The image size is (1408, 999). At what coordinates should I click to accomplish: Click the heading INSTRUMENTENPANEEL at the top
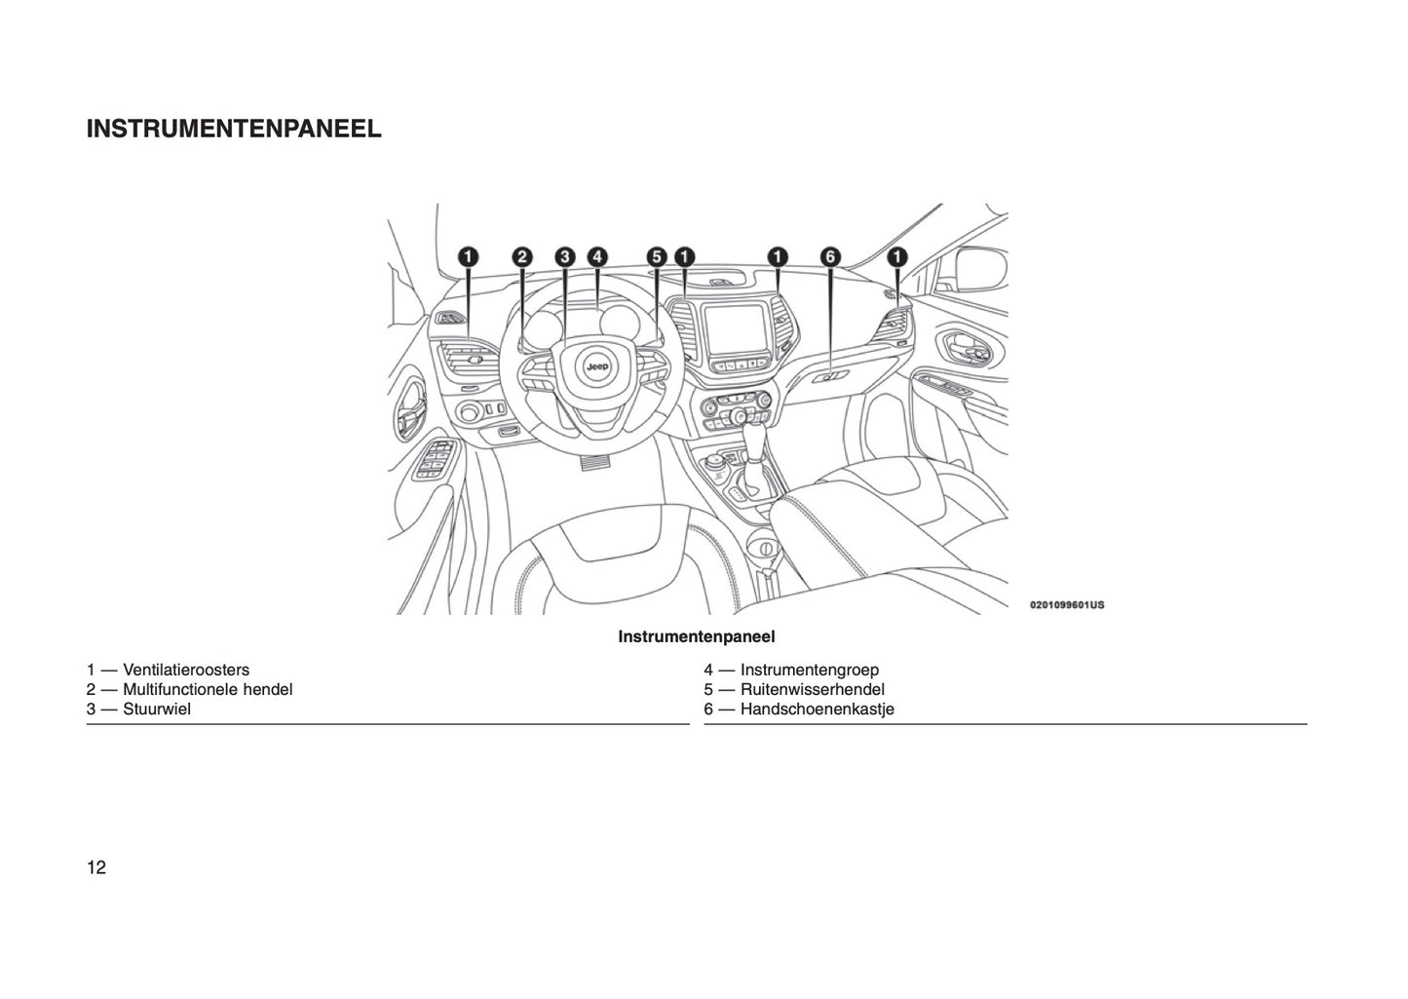pos(234,129)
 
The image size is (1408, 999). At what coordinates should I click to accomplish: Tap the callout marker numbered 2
pos(522,257)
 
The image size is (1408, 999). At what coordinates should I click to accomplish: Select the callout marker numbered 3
pos(565,257)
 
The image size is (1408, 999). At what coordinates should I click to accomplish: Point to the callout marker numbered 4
pos(597,257)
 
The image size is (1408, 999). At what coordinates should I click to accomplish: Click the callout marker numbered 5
pos(657,257)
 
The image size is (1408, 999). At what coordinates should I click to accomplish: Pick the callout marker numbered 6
pos(830,257)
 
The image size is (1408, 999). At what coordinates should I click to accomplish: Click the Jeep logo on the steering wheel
pos(597,365)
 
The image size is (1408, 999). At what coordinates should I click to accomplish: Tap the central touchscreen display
pos(737,329)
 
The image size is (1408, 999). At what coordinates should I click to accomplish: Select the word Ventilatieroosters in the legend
pos(186,670)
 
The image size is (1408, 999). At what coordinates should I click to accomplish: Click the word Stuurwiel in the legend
pos(157,709)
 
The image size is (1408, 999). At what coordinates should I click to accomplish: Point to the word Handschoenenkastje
pos(818,710)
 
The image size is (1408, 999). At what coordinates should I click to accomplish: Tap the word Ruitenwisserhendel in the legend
pos(812,689)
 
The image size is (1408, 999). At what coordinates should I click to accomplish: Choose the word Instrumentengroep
pos(810,671)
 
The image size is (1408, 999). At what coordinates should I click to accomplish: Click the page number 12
pos(96,867)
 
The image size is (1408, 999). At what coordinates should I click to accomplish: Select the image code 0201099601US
pos(1067,605)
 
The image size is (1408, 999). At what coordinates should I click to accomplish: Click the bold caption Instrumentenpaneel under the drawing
pos(697,636)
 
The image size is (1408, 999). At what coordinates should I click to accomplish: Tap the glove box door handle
pos(830,377)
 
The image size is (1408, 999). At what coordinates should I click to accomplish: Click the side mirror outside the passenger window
pos(980,270)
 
